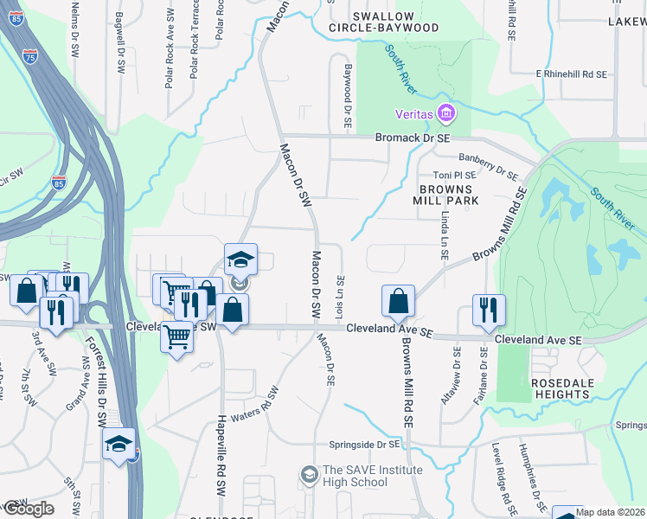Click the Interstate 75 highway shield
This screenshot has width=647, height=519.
point(31,57)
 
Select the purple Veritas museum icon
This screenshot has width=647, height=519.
point(446,113)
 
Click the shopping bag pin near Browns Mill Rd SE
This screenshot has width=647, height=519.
point(398,301)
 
